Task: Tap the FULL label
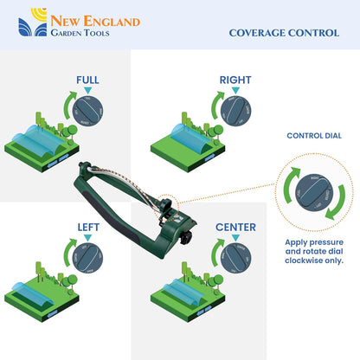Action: [x=87, y=80]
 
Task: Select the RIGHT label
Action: [x=235, y=80]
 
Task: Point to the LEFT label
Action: [x=88, y=227]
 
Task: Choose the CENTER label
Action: [x=235, y=227]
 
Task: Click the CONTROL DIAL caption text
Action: [x=313, y=135]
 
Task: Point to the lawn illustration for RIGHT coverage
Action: [x=186, y=143]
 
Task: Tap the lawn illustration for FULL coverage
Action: [x=39, y=143]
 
